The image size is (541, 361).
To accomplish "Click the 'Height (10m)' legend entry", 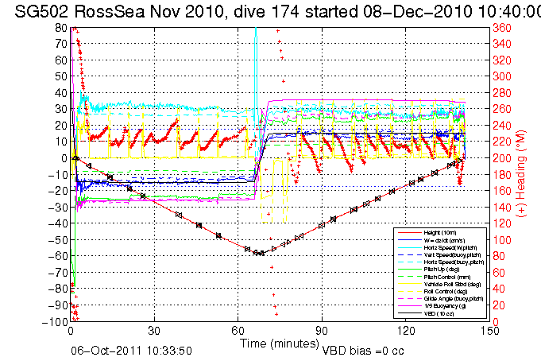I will pos(439,232).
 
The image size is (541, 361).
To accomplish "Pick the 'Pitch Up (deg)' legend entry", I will pos(439,270).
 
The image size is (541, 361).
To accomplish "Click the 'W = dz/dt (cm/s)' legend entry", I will pos(442,239).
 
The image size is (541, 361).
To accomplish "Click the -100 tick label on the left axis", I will pos(56,322).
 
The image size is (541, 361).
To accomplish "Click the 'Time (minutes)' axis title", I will pos(278,344).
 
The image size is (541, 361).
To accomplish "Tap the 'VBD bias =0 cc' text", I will pos(365,350).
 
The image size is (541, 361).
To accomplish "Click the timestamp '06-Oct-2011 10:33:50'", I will pos(132,350).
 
